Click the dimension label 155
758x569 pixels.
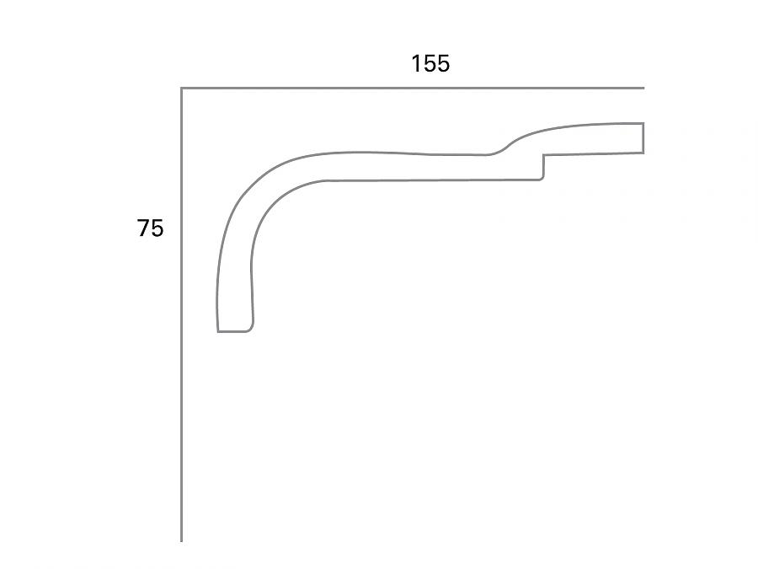click(430, 64)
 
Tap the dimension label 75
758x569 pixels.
click(151, 228)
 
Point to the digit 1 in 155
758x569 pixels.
click(415, 64)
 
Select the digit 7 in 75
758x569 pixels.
click(144, 228)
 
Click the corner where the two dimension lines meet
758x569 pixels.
click(182, 88)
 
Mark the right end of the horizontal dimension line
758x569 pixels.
click(643, 88)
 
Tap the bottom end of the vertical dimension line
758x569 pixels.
click(182, 540)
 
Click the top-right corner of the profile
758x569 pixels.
click(643, 124)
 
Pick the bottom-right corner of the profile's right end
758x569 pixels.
click(643, 153)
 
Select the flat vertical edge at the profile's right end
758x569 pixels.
click(643, 138)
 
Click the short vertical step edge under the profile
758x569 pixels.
click(543, 167)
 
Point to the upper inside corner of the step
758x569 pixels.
click(543, 155)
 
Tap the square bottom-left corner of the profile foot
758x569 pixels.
click(218, 331)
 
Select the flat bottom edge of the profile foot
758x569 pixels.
click(233, 331)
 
